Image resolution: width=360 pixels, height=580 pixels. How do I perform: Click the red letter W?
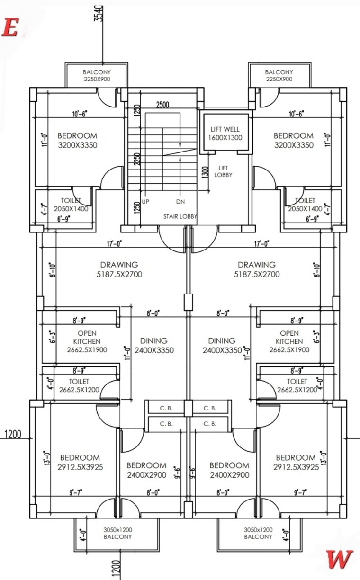(x=339, y=560)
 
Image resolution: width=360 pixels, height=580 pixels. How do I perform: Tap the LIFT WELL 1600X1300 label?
(x=225, y=133)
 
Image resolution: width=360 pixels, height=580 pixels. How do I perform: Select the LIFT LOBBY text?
(x=223, y=171)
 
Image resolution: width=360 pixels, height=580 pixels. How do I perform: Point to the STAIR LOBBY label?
(x=180, y=216)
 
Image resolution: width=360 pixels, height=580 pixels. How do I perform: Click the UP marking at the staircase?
(x=145, y=202)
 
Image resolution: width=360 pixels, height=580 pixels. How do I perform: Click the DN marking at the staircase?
(x=180, y=202)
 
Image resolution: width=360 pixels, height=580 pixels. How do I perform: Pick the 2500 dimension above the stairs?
(x=163, y=105)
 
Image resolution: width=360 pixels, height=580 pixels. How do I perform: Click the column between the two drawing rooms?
(x=188, y=301)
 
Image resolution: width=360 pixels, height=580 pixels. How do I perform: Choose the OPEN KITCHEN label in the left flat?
(x=87, y=341)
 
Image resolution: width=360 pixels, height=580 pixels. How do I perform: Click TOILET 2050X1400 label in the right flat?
(x=306, y=205)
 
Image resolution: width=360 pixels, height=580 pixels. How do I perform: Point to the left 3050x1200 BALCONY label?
(x=118, y=533)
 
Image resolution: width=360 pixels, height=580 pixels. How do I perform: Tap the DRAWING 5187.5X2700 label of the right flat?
(x=256, y=269)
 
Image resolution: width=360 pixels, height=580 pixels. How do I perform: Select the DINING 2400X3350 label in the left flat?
(x=154, y=346)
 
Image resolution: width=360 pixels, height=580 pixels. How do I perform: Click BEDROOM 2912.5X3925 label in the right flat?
(x=296, y=462)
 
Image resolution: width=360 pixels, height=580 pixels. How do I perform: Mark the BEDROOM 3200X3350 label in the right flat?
(x=294, y=141)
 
